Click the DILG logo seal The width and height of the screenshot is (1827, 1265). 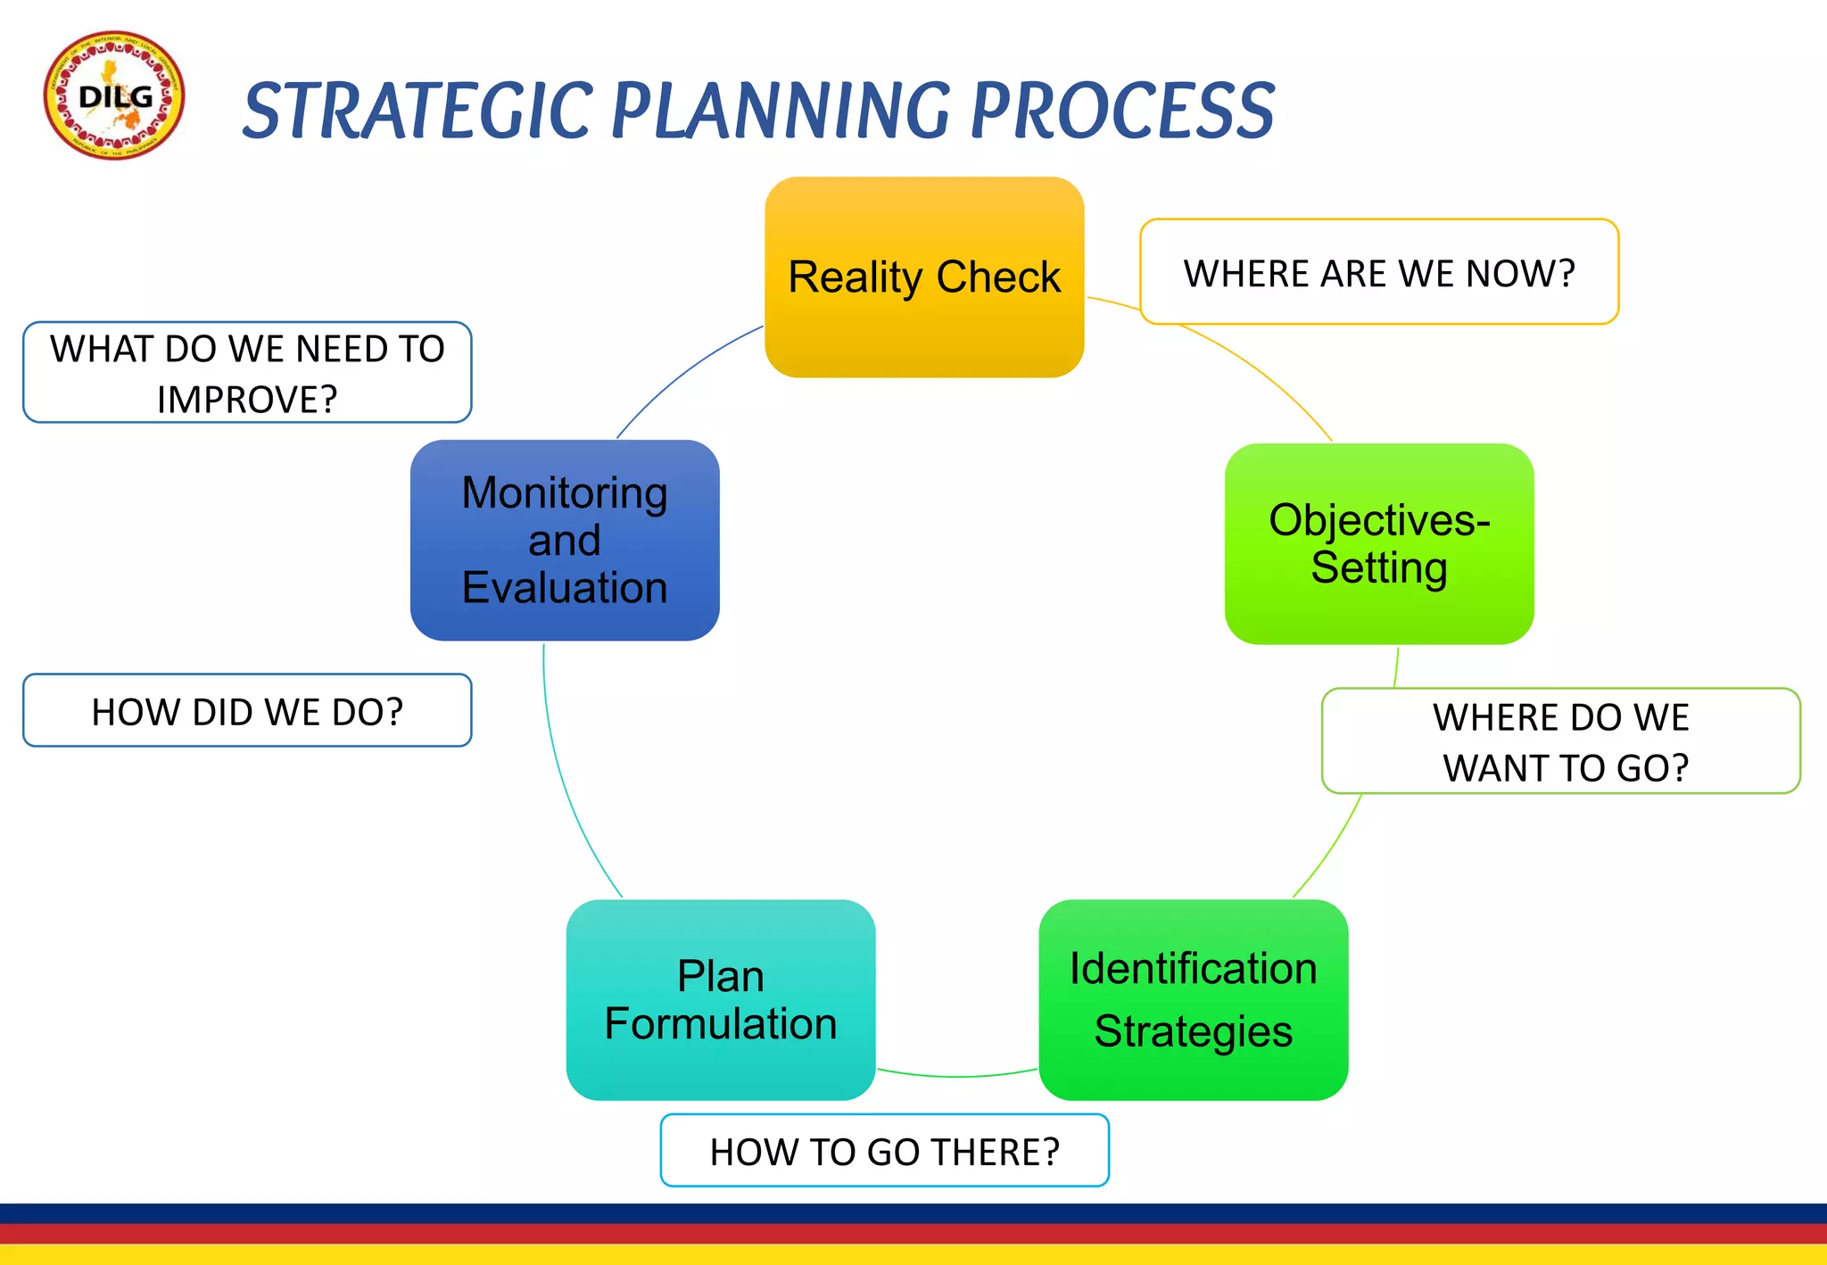(114, 96)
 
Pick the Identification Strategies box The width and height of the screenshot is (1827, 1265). (1193, 999)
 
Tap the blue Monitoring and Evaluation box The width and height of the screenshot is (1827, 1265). (565, 540)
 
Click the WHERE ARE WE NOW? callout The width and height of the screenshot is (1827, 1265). (1379, 272)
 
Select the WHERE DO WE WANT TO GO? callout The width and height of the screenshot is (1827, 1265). (1561, 741)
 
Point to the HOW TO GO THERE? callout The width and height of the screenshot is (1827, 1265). (884, 1151)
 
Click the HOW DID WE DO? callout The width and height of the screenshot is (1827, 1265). (247, 711)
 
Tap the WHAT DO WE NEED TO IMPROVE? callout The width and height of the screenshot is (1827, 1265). (247, 373)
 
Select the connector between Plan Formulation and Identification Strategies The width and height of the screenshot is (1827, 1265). (957, 1076)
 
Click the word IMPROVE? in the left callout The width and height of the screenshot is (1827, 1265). (247, 400)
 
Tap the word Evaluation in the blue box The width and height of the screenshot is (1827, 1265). (565, 588)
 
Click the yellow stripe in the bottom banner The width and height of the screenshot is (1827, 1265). (913, 1255)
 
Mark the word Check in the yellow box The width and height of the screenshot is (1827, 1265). (997, 277)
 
